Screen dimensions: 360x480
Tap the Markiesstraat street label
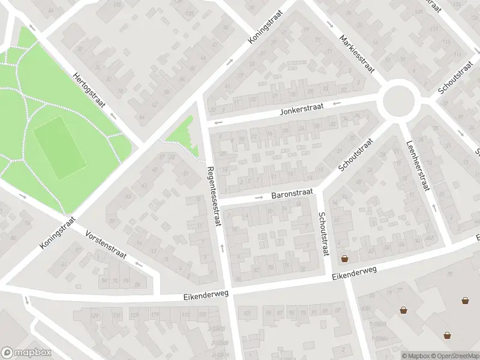tap(356, 53)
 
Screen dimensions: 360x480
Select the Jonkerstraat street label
tap(301, 109)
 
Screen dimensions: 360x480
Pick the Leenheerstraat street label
tap(418, 165)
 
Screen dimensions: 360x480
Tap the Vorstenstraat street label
tap(105, 245)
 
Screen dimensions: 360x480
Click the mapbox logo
tap(26, 352)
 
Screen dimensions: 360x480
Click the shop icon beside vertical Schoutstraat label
tap(344, 259)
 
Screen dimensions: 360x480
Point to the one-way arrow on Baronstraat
tap(259, 197)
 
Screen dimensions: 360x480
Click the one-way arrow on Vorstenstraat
tap(139, 263)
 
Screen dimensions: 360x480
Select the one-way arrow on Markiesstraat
tap(331, 25)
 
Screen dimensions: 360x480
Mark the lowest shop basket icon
tap(447, 335)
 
